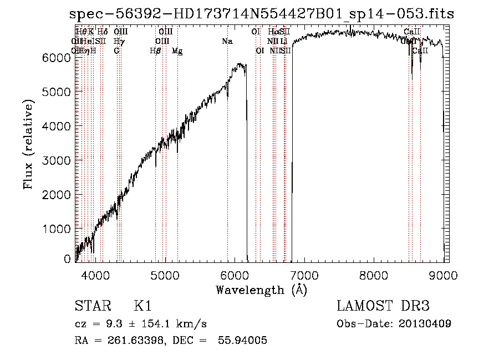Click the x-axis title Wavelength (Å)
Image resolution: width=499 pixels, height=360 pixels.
tap(261, 290)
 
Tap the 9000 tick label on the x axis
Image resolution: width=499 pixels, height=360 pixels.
tap(443, 275)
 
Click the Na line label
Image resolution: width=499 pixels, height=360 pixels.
tap(227, 42)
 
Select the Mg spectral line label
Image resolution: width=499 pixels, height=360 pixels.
tap(177, 51)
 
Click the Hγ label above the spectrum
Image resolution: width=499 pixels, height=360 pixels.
tap(119, 42)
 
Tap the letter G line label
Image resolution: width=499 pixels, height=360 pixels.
tap(116, 51)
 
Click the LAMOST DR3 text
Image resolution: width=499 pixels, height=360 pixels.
tap(382, 307)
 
